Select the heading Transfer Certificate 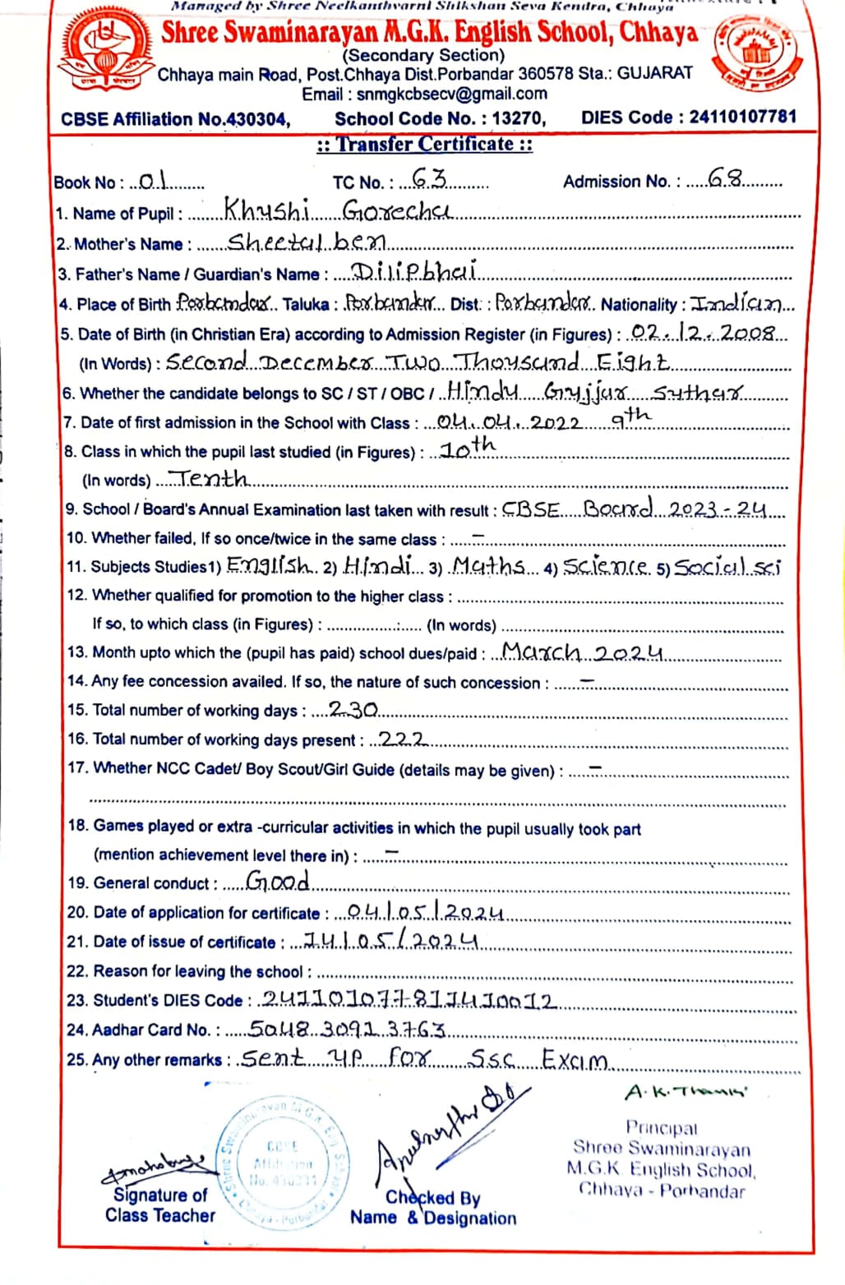[425, 145]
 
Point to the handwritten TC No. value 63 [429, 178]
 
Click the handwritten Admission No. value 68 [725, 178]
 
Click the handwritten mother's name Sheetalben [306, 242]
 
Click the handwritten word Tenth [212, 477]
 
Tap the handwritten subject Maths [489, 565]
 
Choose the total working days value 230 [353, 708]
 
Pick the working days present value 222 [403, 738]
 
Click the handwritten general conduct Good [278, 881]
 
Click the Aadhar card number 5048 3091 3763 [347, 1029]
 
